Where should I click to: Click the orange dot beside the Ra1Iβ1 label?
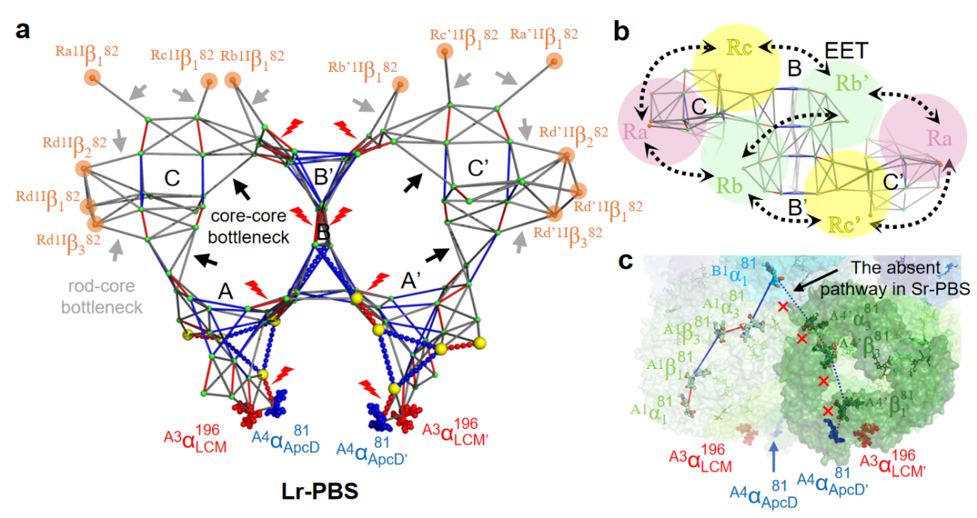[x=92, y=78]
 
